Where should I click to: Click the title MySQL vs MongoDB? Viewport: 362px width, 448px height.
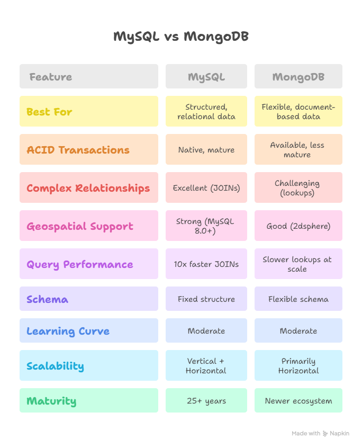pyautogui.click(x=181, y=37)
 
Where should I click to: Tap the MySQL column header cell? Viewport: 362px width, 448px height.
pyautogui.click(x=206, y=77)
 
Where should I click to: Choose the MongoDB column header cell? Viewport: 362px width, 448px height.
pyautogui.click(x=298, y=77)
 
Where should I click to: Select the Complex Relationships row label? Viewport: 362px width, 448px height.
pyautogui.click(x=88, y=188)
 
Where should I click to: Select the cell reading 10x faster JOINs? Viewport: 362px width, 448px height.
pyautogui.click(x=206, y=264)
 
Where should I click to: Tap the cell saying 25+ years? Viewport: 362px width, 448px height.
pyautogui.click(x=206, y=401)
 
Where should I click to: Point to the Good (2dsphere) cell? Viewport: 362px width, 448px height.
pyautogui.click(x=298, y=226)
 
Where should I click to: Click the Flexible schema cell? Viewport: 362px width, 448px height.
pyautogui.click(x=298, y=299)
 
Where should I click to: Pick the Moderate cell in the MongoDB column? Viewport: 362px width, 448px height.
pyautogui.click(x=298, y=331)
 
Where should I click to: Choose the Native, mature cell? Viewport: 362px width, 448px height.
pyautogui.click(x=206, y=150)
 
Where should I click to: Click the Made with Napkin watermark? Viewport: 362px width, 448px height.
pyautogui.click(x=320, y=433)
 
